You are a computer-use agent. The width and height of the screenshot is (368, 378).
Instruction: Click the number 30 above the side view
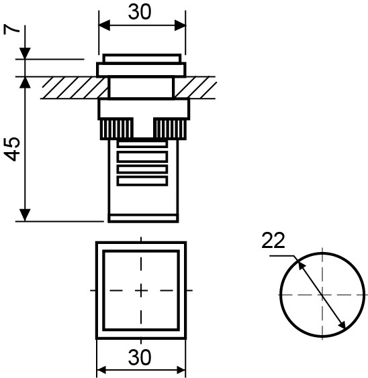point(142,12)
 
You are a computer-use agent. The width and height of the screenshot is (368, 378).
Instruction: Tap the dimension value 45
point(12,149)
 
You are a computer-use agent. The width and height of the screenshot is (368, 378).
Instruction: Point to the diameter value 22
point(274,241)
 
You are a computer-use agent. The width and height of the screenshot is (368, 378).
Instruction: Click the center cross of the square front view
point(141,290)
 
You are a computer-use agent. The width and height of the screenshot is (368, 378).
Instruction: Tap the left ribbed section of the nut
point(116,128)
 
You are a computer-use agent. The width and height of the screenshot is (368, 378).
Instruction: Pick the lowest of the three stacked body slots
point(142,180)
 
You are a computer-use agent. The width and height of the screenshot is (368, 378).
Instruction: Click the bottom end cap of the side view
point(143,216)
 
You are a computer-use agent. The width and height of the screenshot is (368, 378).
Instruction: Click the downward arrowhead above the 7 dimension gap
point(25,53)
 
